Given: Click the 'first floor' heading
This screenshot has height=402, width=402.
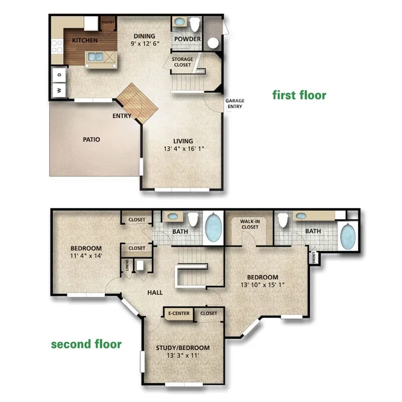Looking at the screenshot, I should [x=299, y=95].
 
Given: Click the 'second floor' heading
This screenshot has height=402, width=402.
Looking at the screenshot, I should [x=86, y=344].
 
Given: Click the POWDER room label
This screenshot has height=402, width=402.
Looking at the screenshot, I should [x=187, y=39].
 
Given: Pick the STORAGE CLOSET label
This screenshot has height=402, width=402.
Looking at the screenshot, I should [x=183, y=62].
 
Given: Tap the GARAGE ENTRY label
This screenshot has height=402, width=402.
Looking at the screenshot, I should [x=235, y=104].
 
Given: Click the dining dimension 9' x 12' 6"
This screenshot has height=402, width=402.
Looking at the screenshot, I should [x=144, y=44].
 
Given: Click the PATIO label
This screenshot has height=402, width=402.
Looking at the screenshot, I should [x=91, y=139].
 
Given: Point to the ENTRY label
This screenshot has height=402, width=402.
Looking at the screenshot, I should [x=122, y=116].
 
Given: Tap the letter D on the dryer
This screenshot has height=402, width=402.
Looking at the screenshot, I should [x=59, y=74].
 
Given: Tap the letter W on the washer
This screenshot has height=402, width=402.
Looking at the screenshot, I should [x=59, y=91].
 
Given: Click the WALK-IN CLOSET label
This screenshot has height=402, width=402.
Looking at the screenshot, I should [x=249, y=224].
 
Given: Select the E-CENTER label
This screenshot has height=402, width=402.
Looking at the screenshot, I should [x=178, y=314].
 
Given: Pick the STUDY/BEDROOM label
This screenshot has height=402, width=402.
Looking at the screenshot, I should [x=183, y=348].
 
